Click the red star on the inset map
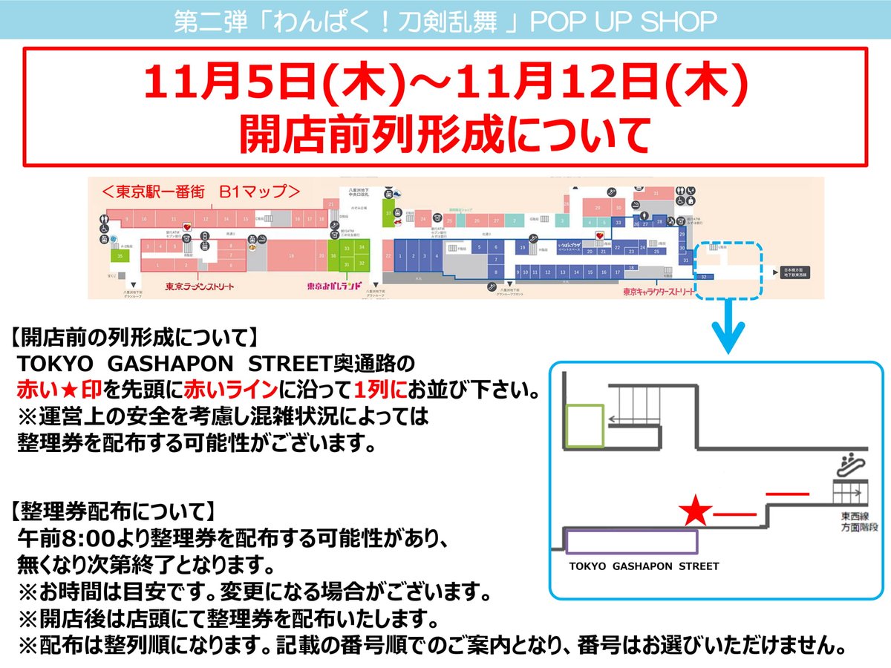696,511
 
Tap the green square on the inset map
584,426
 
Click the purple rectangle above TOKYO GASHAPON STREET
632,542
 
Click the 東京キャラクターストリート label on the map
659,292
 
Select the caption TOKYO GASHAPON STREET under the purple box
644,566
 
